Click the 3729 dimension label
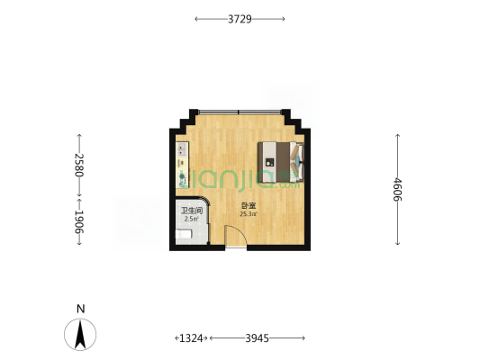(240, 19)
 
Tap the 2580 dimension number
(79, 165)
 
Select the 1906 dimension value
(79, 222)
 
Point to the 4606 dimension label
(397, 190)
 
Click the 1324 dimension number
(191, 338)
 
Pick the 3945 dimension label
(258, 338)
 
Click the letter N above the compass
(80, 310)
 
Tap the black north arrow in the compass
(80, 334)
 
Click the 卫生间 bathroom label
(192, 211)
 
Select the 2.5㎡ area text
(191, 219)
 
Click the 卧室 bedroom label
(249, 206)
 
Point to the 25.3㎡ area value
(249, 214)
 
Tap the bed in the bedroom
(281, 162)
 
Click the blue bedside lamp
(297, 159)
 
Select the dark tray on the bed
(269, 162)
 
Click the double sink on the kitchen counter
(182, 149)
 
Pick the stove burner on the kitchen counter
(182, 176)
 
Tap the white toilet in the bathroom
(184, 234)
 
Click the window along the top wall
(240, 112)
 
